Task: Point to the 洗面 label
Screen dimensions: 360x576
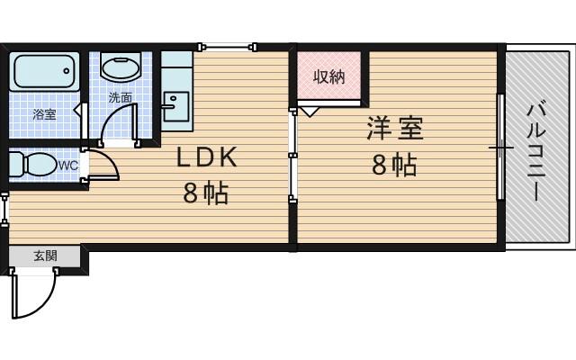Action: tap(120, 97)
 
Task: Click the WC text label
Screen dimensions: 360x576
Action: tap(68, 166)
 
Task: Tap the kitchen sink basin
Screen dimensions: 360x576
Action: tap(175, 104)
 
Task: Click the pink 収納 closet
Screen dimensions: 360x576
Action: tap(328, 77)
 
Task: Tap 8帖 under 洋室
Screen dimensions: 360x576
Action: tap(394, 166)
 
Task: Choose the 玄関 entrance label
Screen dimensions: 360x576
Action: tap(45, 256)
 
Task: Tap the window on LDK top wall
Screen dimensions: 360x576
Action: tap(228, 46)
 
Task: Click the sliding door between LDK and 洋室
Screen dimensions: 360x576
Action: tap(292, 153)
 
